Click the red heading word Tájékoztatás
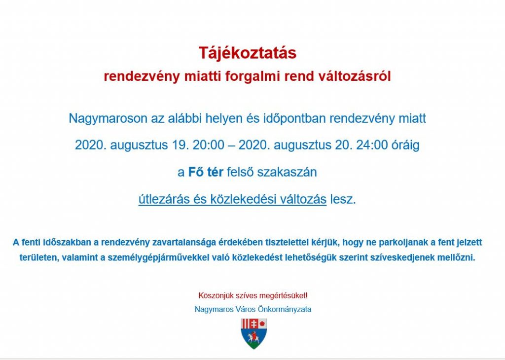coord(248,53)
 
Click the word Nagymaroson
coord(108,119)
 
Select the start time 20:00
coord(208,145)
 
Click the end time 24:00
coord(372,145)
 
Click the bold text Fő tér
coord(206,172)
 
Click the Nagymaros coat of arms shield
coord(254,334)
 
